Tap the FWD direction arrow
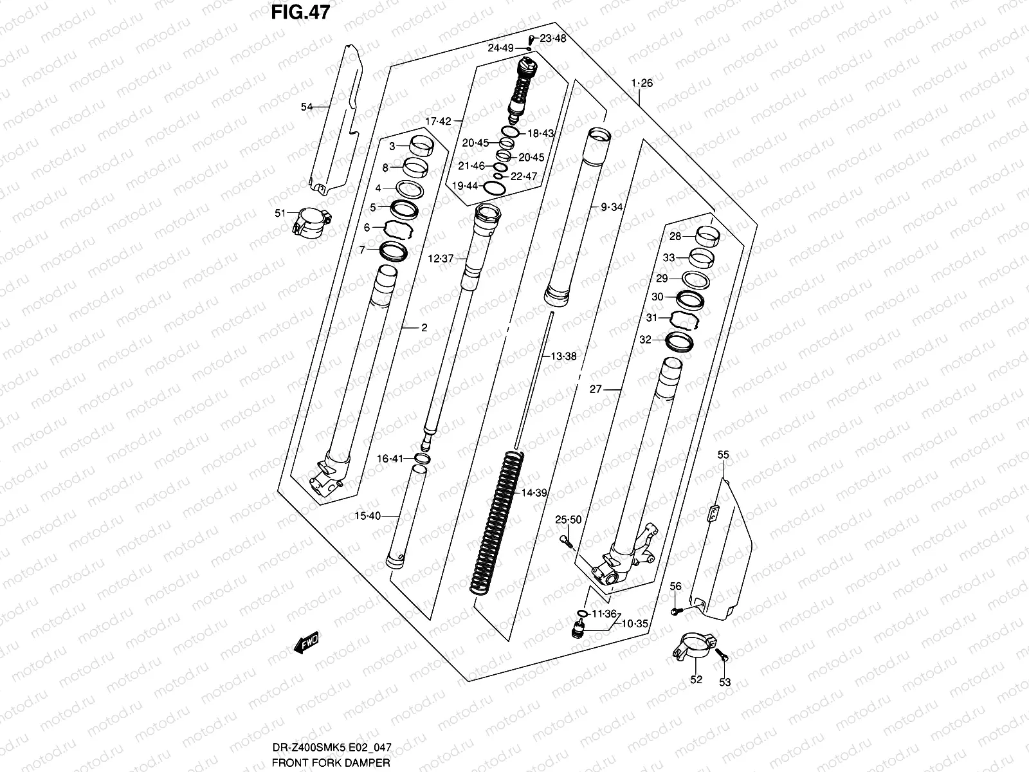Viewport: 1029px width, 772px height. coord(307,643)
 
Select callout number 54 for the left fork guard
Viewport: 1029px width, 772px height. coord(307,107)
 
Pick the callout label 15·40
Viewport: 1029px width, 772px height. coord(368,516)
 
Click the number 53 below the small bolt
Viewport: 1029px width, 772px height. coord(725,683)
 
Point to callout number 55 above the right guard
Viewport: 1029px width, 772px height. coord(723,455)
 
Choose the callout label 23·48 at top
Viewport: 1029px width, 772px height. coord(552,39)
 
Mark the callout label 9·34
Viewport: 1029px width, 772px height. coord(612,207)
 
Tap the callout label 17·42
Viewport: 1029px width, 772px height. coord(438,121)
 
